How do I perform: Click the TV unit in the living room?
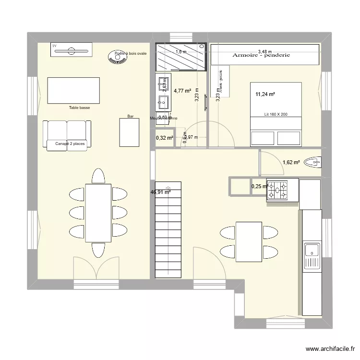pos(71,49)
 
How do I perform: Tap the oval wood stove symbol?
pos(116,58)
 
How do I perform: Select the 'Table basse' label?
pos(79,108)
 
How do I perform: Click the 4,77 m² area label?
pos(182,90)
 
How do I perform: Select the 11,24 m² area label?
pos(265,95)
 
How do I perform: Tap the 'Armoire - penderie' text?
pos(262,56)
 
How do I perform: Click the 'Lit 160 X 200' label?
pos(276,115)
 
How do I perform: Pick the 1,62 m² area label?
pos(291,162)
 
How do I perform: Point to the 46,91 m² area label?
pos(160,192)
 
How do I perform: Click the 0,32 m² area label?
pos(164,138)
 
